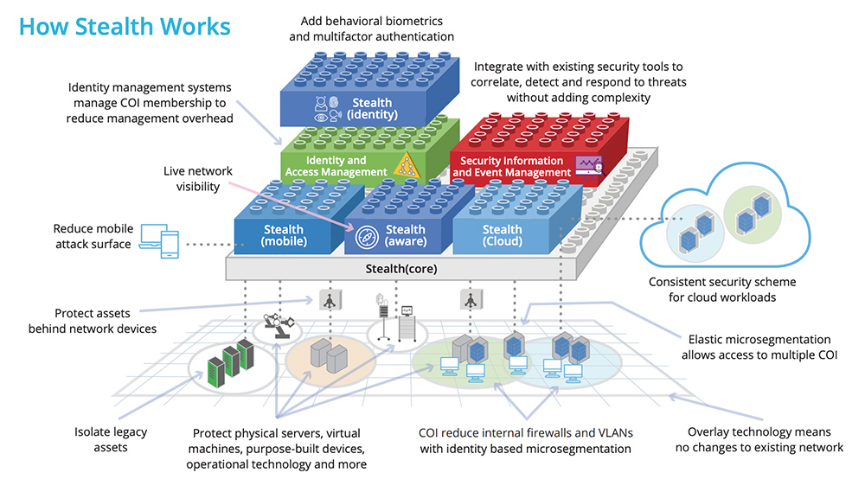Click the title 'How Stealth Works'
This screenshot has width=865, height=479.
pos(125,27)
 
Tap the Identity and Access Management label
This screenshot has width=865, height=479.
pos(336,166)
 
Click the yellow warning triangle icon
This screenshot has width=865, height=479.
pos(404,164)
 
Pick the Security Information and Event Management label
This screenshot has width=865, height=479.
pos(511,166)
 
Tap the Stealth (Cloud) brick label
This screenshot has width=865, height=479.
pos(502,235)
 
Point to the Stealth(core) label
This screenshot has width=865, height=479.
pos(400,268)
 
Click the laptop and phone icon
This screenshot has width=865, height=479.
pos(158,241)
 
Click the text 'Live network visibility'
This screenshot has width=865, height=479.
pos(198,179)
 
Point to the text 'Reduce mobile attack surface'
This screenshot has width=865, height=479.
pos(93,236)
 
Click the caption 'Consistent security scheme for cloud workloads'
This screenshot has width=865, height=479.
pos(722,290)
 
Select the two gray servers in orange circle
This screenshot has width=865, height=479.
pos(329,354)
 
